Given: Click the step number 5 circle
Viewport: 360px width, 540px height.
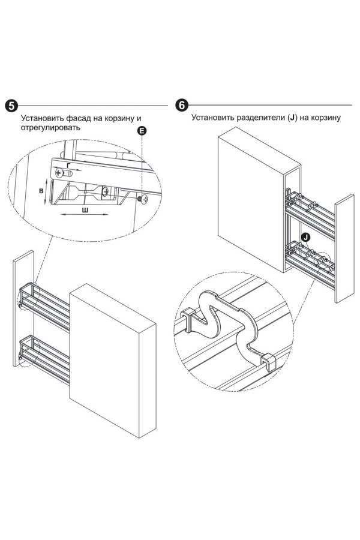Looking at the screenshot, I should point(11,106).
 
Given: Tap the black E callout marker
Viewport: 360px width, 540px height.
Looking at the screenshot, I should point(142,131).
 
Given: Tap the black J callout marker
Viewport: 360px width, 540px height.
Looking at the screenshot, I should point(306,238).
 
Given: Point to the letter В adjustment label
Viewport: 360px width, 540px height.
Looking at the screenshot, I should point(40,190).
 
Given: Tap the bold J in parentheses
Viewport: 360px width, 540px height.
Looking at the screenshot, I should point(293,118).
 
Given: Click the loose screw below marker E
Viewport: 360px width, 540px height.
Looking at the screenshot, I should point(142,198).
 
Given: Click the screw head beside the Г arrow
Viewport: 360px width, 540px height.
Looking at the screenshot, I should point(59,173).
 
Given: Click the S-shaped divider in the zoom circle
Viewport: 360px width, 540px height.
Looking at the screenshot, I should point(225,324).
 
